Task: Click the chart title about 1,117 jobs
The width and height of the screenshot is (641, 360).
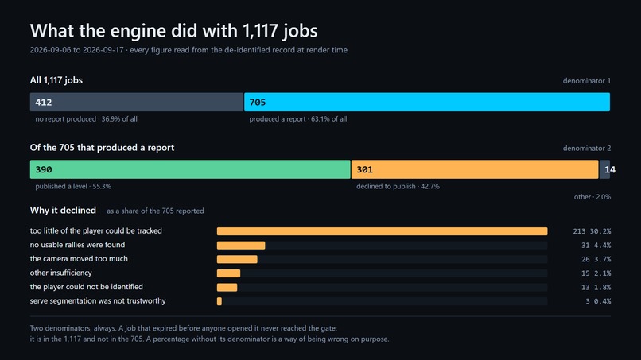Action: coord(173,31)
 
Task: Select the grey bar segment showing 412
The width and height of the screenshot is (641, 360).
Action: coord(137,102)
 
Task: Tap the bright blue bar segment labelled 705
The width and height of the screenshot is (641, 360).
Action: coord(427,102)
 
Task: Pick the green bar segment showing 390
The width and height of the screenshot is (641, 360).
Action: coord(190,169)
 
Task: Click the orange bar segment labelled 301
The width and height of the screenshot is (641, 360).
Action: coord(475,169)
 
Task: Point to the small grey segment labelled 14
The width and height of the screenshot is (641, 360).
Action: coord(604,169)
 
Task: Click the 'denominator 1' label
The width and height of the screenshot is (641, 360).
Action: coord(587,81)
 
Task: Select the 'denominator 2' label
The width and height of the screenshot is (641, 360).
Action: coord(587,149)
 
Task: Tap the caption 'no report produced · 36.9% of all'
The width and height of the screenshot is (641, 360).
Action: coord(86,119)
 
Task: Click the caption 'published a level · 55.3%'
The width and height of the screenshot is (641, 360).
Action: coord(73,186)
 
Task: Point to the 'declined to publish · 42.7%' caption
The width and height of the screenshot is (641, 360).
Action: coord(398,186)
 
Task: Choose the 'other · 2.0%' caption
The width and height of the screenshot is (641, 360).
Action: coord(592,197)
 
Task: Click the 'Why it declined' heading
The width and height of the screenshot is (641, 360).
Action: coord(63,210)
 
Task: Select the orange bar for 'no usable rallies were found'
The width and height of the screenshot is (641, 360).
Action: coord(241,246)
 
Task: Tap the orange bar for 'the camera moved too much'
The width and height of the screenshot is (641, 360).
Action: coord(237,259)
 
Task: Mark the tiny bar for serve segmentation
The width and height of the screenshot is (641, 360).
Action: coord(219,301)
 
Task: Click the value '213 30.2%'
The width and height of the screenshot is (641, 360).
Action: coord(592,231)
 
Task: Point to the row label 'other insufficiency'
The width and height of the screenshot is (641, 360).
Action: coord(61,273)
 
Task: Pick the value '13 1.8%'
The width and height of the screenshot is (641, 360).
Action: coord(596,287)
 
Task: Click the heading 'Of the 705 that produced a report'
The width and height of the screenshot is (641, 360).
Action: coord(102,148)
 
